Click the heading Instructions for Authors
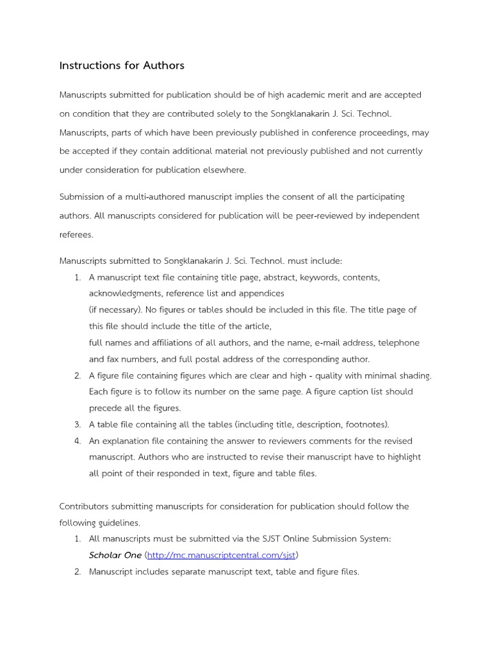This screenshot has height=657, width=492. (122, 65)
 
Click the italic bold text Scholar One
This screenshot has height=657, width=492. (115, 554)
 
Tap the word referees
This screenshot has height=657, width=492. (76, 234)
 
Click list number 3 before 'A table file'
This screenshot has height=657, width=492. (77, 424)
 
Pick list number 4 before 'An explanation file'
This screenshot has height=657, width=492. (77, 441)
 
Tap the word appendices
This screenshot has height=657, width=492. (262, 293)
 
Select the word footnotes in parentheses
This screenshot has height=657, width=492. (365, 424)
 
